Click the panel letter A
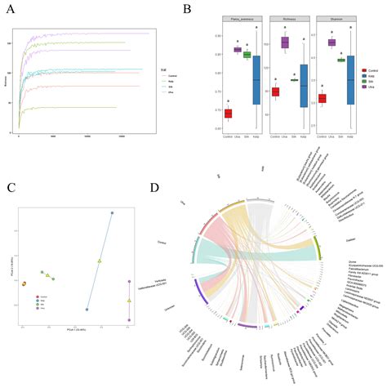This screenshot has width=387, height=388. click(x=11, y=10)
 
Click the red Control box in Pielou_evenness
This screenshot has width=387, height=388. click(x=228, y=114)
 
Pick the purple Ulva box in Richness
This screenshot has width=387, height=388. click(x=285, y=42)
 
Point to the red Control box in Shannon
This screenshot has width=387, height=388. click(x=322, y=99)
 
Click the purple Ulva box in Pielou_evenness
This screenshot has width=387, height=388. click(x=238, y=49)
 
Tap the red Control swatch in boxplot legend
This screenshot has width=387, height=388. click(x=365, y=71)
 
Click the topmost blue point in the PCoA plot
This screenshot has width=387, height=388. click(x=112, y=213)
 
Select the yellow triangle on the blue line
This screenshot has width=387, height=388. click(x=99, y=261)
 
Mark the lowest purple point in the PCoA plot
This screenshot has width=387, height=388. click(x=129, y=319)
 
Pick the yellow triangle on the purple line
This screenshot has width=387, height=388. click(x=129, y=301)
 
